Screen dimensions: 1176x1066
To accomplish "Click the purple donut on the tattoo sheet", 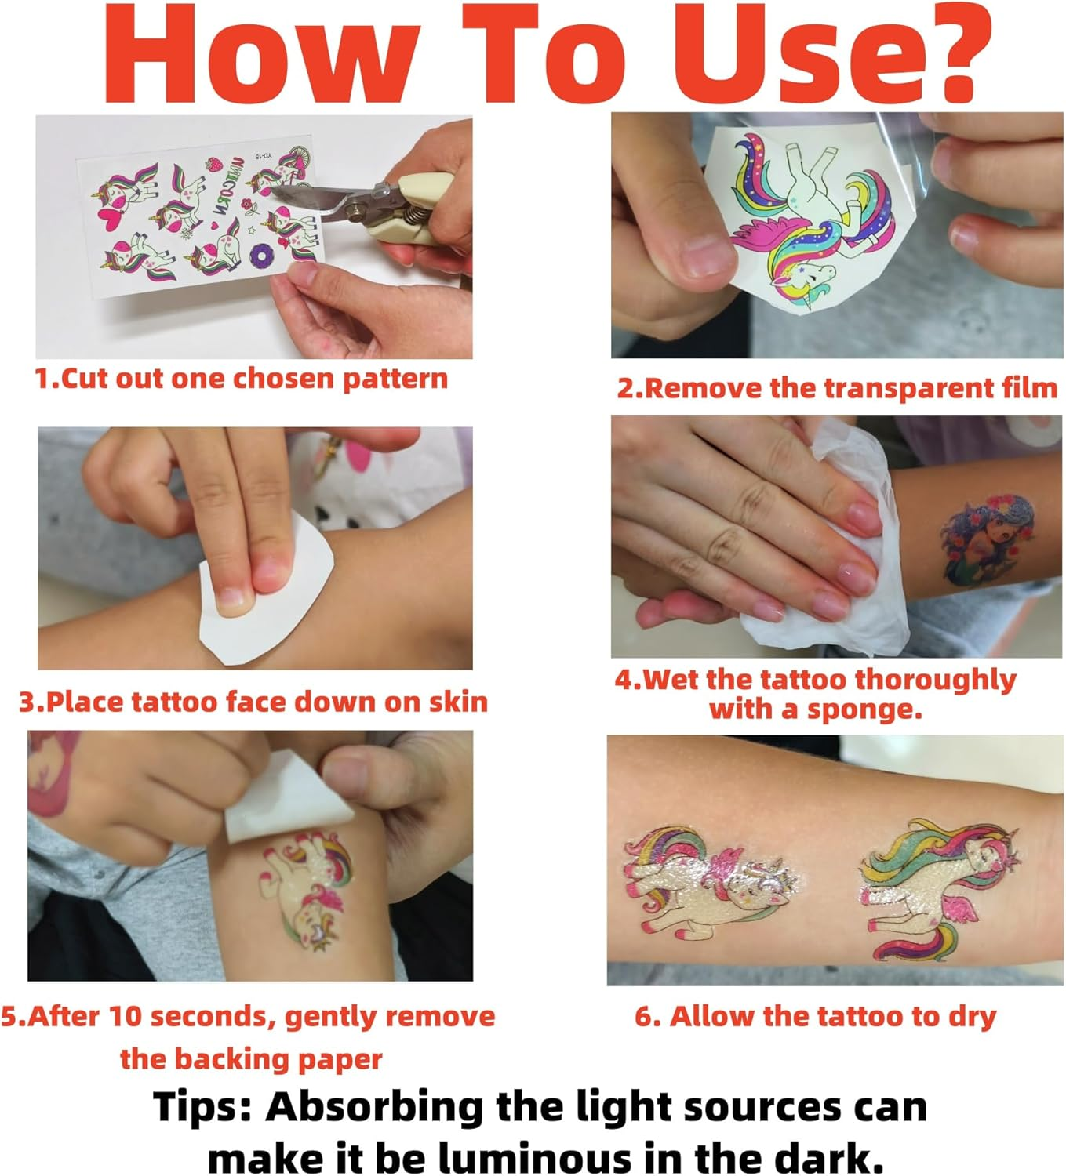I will pyautogui.click(x=260, y=256).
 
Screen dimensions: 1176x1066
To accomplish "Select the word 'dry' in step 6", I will pyautogui.click(x=973, y=1017).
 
